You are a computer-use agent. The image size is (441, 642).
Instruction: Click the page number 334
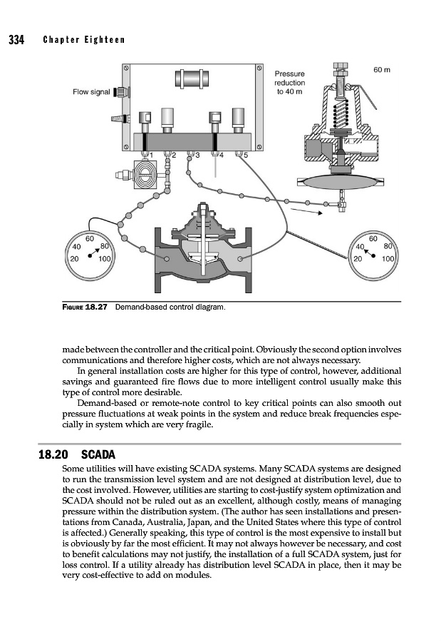pos(16,39)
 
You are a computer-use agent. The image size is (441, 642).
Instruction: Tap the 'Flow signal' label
pos(91,92)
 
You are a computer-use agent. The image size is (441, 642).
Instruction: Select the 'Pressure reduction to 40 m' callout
pos(290,82)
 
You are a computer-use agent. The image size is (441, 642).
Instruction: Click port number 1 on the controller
pos(150,154)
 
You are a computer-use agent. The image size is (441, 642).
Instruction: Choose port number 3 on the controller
pos(197,154)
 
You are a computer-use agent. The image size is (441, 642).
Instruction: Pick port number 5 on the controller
pos(245,154)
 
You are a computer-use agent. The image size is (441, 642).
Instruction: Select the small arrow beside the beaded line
pos(305,210)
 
